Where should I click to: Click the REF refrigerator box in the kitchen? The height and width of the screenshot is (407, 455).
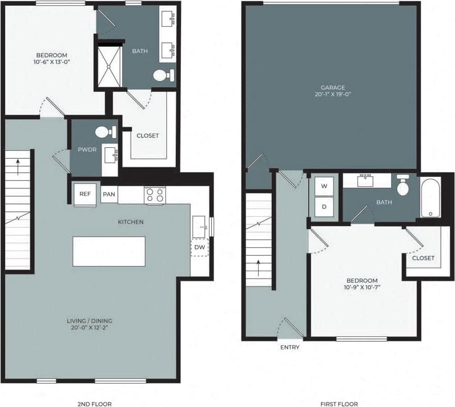85,194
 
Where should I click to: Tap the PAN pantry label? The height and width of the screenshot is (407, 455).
108,194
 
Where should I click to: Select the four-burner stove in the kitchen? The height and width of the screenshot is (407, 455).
154,195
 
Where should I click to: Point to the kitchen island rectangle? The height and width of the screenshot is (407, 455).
109,251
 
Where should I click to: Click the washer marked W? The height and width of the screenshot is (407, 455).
324,186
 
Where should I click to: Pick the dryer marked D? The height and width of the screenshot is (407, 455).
324,206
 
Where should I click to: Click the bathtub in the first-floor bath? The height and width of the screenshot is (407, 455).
430,198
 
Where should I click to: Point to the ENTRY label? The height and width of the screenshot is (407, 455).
289,347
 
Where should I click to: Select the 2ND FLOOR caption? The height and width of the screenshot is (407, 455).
94,404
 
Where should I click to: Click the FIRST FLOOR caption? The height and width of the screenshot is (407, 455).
339,404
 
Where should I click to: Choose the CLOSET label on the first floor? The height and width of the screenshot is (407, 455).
423,258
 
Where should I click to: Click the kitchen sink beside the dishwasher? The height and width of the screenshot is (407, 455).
199,226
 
